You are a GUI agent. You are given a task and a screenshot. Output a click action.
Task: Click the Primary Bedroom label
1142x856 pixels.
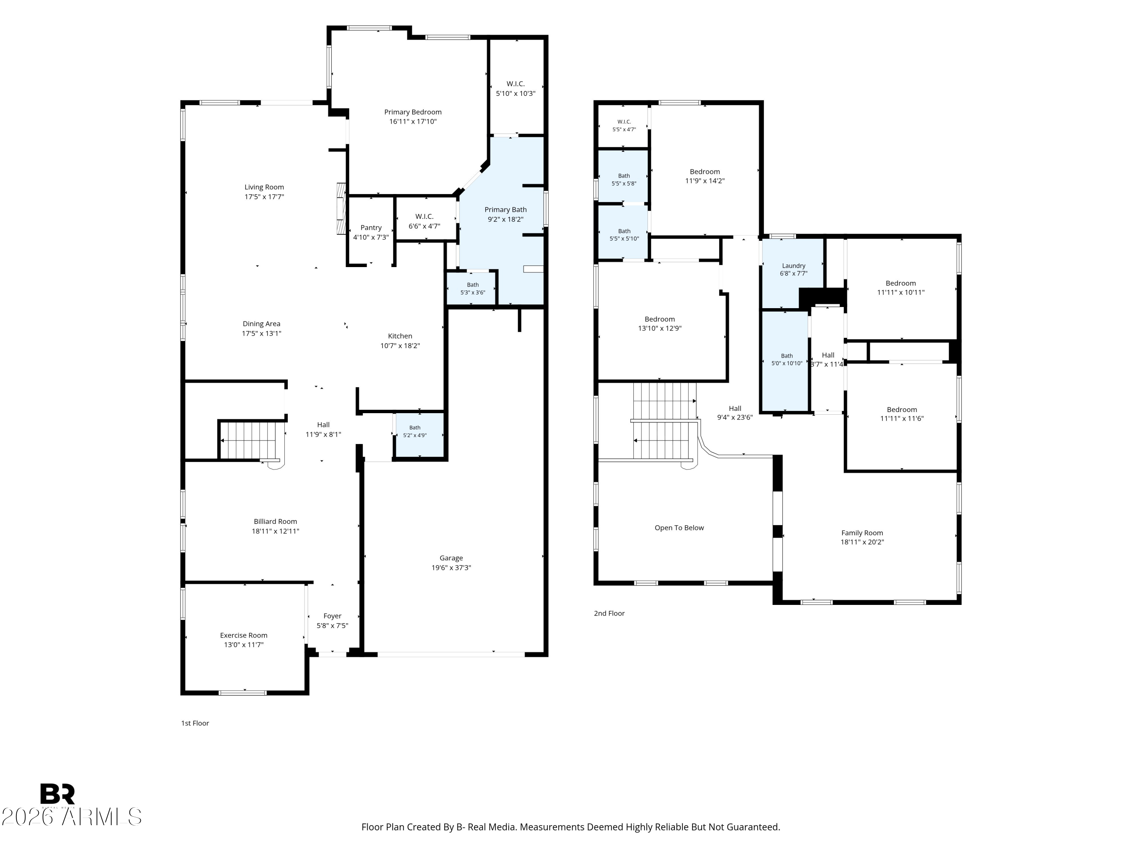(413, 112)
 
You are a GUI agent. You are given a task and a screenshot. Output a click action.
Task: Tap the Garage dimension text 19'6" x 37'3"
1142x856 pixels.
(451, 568)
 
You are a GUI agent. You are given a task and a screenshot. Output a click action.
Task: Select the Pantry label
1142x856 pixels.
(371, 228)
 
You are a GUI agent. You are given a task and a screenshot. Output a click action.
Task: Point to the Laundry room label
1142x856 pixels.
(794, 266)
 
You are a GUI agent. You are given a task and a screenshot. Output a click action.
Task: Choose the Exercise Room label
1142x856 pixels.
(244, 635)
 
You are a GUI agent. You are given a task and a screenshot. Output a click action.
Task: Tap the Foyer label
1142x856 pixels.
(332, 616)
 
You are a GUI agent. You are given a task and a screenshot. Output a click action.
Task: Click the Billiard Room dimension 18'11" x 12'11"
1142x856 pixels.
(275, 531)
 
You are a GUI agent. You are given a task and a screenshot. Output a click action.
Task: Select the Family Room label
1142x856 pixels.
(862, 533)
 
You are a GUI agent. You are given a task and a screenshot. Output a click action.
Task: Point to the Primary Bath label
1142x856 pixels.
(506, 210)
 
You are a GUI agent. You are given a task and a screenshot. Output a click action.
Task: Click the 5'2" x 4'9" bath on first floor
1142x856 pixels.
(415, 431)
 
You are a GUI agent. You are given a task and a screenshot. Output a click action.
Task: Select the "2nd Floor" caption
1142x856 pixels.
(609, 614)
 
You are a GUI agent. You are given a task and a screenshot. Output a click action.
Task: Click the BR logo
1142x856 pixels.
(57, 794)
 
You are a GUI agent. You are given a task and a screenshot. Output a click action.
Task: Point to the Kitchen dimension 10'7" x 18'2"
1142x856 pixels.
(400, 346)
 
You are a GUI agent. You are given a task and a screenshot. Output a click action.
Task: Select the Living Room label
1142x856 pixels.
(264, 187)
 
